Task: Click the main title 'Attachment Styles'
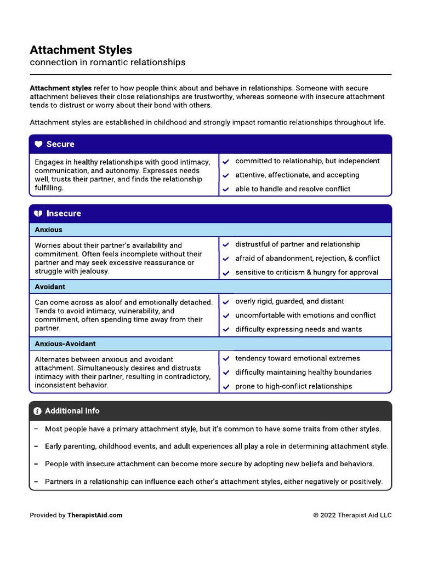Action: coord(81,50)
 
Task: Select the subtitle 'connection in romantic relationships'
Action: coord(107,62)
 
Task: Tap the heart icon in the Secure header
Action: coord(38,145)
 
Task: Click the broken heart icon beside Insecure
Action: coord(38,214)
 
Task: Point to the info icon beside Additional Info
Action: coord(37,411)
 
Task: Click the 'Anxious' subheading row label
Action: coord(48,230)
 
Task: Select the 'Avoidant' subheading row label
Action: coord(50,287)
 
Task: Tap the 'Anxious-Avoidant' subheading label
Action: coord(65,344)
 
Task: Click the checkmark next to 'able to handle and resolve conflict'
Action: coord(226,190)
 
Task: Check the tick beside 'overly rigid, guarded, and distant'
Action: coord(226,302)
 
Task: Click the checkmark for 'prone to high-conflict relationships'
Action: coord(226,387)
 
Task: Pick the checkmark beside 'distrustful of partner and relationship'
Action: coord(226,245)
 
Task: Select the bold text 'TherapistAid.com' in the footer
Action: coord(95,515)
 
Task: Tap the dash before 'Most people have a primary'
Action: coord(36,430)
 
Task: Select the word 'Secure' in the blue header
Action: coord(60,145)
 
